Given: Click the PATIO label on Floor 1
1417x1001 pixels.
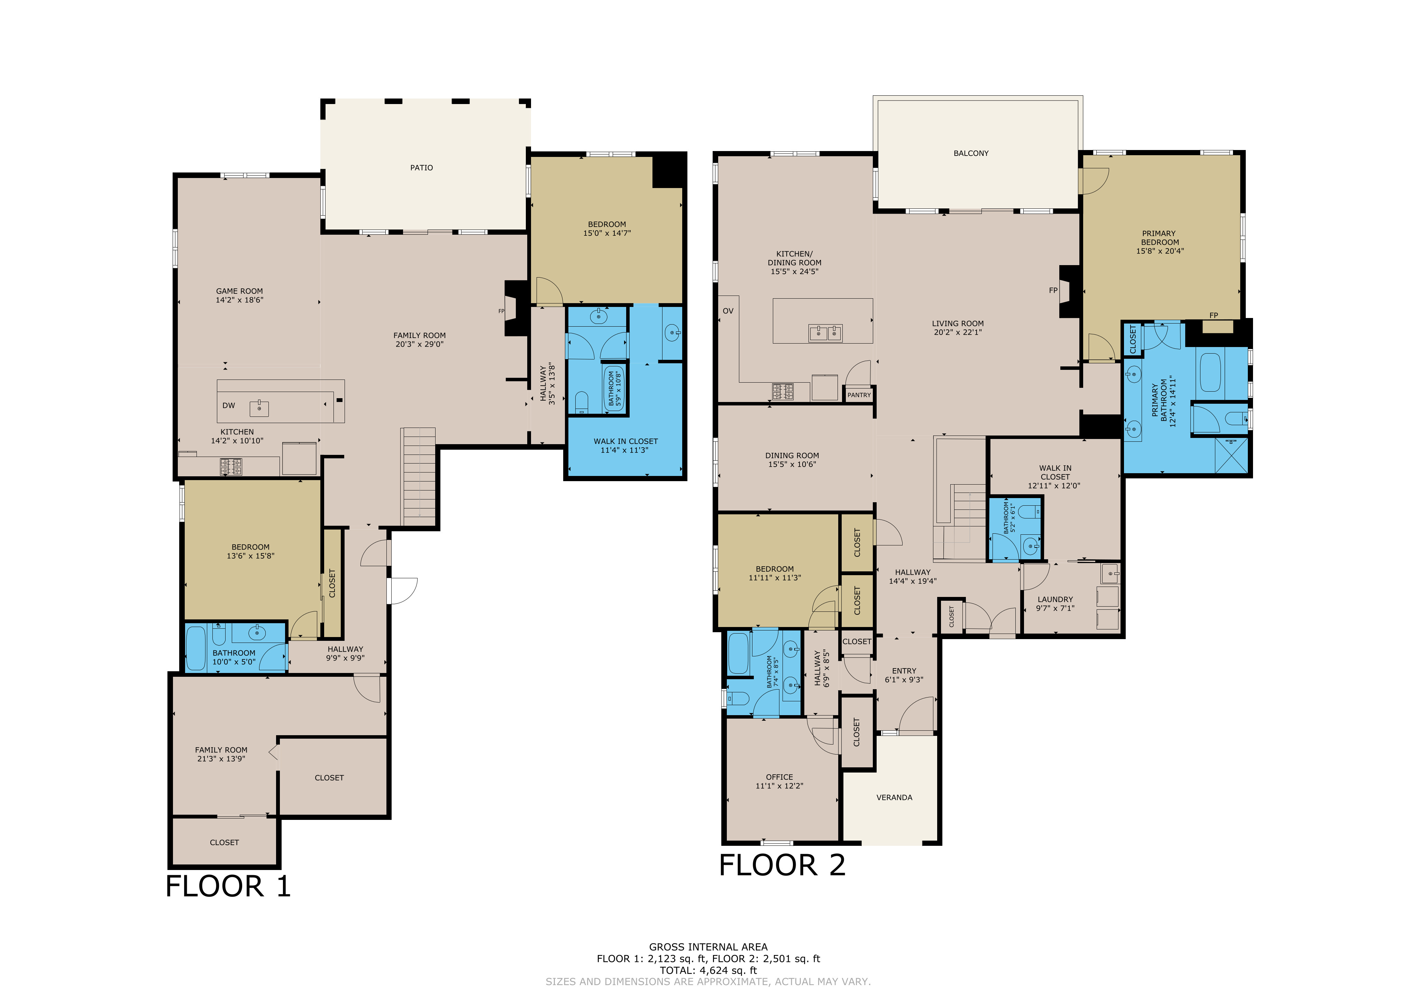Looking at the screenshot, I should (x=421, y=168).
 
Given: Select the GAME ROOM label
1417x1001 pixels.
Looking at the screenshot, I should (x=239, y=296).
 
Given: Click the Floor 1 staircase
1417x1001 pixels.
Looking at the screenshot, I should (x=419, y=477).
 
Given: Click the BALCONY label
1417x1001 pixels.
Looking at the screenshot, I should (x=971, y=153).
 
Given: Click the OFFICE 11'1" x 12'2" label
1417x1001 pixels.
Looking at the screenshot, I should (x=779, y=782).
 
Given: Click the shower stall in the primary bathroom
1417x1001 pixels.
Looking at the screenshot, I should (x=1231, y=455).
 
